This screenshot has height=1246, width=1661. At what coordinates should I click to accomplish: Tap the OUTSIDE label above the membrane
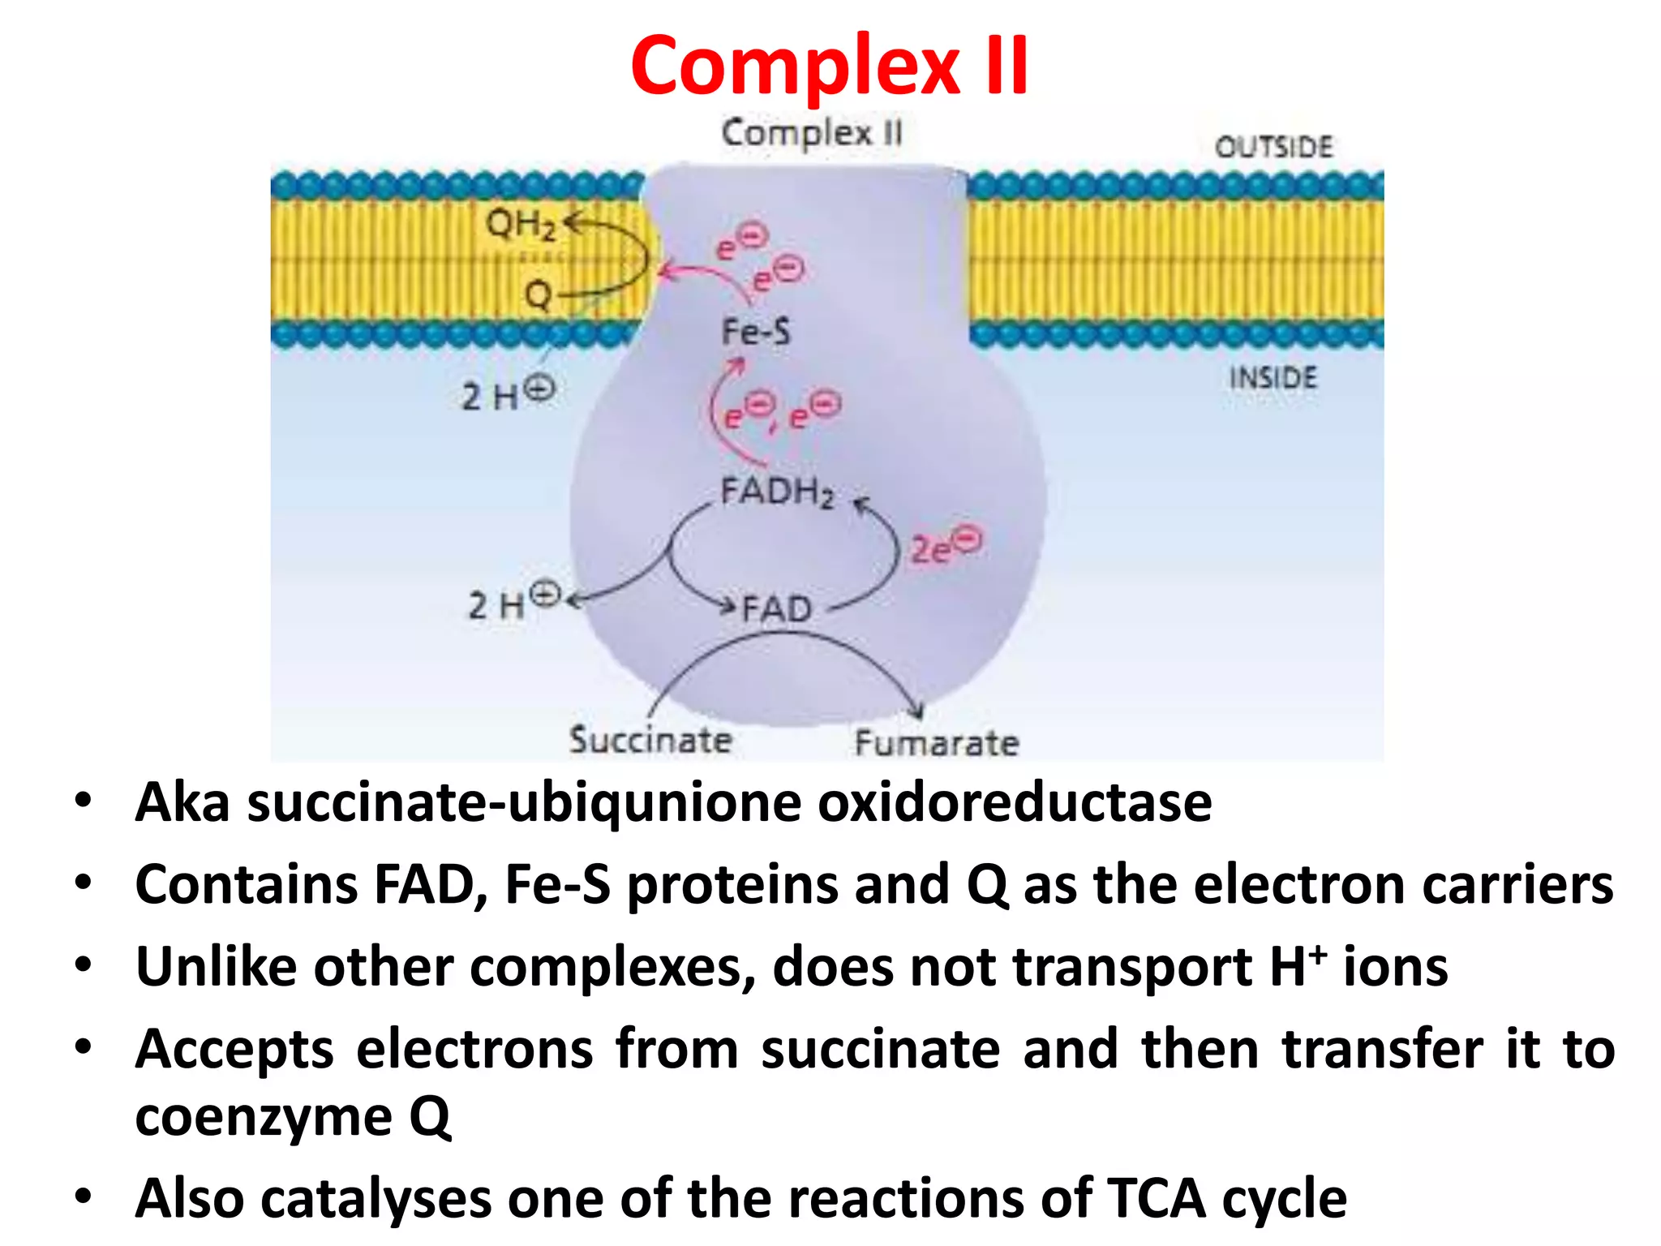click(x=1273, y=147)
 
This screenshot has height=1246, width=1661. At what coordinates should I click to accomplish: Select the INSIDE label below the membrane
click(x=1273, y=378)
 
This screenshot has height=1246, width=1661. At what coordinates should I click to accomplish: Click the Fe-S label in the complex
click(x=756, y=332)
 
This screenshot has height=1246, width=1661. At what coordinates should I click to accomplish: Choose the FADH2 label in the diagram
click(x=777, y=492)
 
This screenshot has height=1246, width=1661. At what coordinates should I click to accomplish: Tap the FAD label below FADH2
click(x=776, y=608)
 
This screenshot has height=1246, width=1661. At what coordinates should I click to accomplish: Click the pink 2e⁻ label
click(x=946, y=545)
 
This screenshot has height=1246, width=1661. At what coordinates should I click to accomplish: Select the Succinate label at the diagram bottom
click(x=650, y=740)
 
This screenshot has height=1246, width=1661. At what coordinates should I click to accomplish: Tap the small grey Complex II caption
click(x=812, y=134)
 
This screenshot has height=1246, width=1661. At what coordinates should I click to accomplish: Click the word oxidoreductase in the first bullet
click(x=1014, y=803)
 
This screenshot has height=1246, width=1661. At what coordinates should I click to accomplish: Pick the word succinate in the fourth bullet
click(x=880, y=1049)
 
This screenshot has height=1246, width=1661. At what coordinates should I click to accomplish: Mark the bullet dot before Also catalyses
click(x=83, y=1197)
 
